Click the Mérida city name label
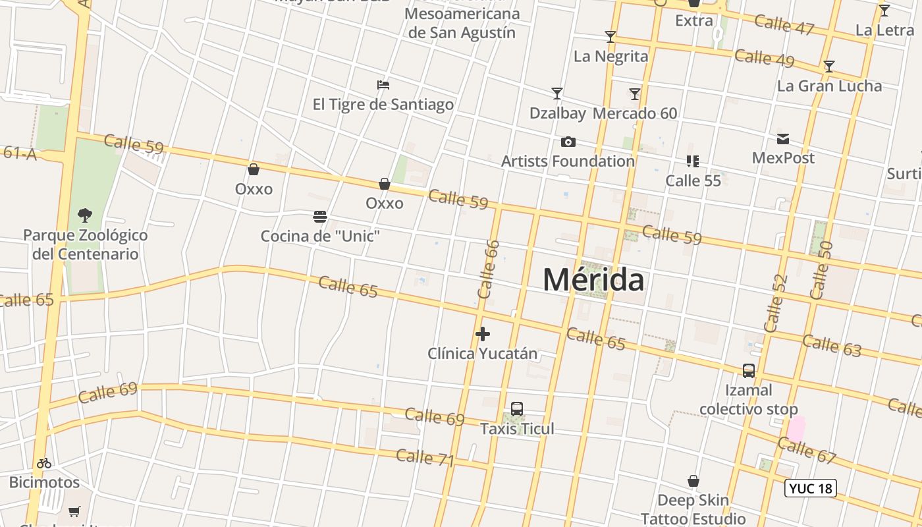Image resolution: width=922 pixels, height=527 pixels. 593,280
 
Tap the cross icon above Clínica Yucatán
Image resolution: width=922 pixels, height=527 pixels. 483,334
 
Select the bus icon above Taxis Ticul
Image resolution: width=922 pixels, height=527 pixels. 517,409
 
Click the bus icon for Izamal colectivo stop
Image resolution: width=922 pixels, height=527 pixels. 749,371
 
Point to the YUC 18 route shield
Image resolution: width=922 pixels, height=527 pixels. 811,488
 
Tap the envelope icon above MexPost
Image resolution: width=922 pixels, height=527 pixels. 783,139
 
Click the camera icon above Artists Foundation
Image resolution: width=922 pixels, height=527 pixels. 568,142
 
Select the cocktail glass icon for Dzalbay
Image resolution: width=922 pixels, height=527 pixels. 557,94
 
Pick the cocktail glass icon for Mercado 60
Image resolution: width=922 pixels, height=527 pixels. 635,94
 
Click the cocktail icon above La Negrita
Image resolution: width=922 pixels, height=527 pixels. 610,37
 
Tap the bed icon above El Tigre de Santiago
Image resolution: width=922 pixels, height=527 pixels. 383,85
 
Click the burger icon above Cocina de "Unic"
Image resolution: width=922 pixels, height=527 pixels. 320,217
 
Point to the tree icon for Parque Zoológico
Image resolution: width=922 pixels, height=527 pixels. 85,215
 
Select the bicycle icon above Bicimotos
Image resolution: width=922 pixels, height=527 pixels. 44,463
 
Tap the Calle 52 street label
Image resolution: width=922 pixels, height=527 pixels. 776,302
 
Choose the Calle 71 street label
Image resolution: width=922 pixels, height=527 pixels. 425,457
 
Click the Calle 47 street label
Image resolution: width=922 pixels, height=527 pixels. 784,24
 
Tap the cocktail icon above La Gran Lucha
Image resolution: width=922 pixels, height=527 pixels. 829,67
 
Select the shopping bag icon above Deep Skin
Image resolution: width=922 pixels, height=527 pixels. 693,482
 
